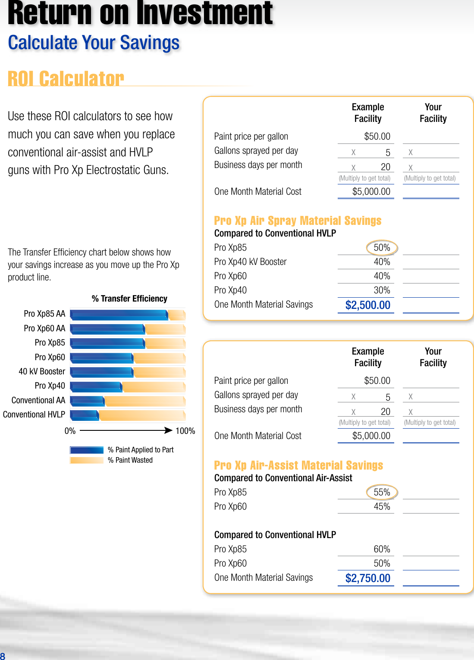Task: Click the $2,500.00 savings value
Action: click(367, 305)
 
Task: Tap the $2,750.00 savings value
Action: click(367, 578)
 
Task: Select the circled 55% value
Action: click(382, 492)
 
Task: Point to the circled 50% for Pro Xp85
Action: click(382, 248)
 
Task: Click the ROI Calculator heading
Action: click(66, 79)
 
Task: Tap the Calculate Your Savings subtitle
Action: click(94, 43)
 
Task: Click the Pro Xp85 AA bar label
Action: click(44, 314)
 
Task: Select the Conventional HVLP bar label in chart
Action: click(34, 414)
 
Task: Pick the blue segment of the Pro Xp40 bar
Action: click(96, 386)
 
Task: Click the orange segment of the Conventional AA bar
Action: click(144, 401)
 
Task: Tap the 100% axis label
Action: click(185, 431)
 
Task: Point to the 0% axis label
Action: click(70, 431)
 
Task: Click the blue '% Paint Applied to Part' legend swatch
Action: click(87, 450)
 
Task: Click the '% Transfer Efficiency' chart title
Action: click(129, 299)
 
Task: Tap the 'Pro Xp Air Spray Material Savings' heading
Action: click(298, 221)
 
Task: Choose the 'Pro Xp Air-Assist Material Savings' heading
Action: click(298, 465)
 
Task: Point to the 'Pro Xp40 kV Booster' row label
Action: click(250, 262)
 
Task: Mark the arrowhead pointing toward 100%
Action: click(169, 430)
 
